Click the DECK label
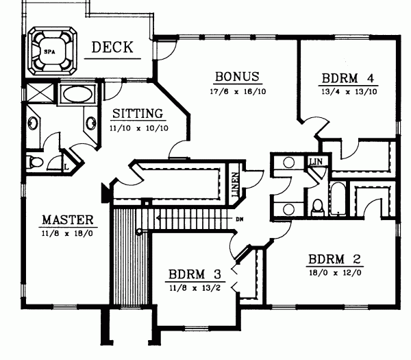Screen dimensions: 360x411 [112, 47]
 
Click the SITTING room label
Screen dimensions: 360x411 [137, 114]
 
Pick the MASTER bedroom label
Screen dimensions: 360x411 [67, 220]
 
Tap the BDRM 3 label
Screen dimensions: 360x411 [194, 275]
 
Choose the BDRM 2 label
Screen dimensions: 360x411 [335, 260]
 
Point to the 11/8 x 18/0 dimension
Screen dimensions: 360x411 [67, 235]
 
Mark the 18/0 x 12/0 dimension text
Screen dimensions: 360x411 [334, 274]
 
